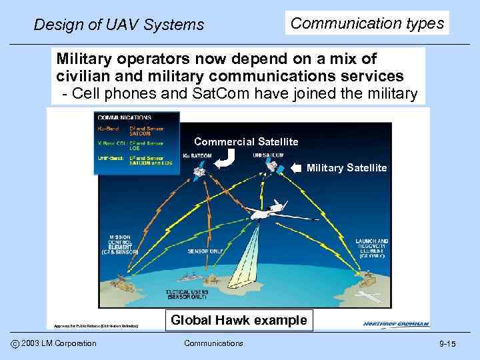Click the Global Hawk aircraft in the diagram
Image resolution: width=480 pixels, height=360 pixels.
267,213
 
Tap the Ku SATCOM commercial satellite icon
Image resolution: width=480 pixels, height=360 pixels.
199,172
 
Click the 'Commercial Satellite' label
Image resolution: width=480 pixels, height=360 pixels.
246,141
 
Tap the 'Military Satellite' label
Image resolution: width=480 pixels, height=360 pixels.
346,168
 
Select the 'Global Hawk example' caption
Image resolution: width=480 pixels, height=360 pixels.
239,320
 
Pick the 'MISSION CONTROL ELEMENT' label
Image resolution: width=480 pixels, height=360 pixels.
119,245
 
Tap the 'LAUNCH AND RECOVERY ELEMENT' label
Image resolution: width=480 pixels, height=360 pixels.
373,247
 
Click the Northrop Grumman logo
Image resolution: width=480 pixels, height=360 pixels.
396,324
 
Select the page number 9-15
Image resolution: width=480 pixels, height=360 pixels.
447,343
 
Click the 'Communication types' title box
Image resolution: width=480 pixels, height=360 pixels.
367,23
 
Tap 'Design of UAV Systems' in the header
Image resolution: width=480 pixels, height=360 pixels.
119,25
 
